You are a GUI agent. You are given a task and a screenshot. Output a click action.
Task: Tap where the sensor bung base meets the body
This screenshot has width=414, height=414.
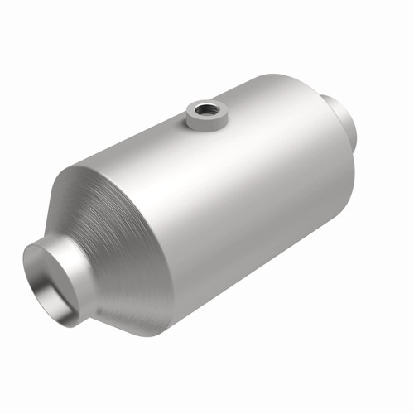[x=202, y=129]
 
